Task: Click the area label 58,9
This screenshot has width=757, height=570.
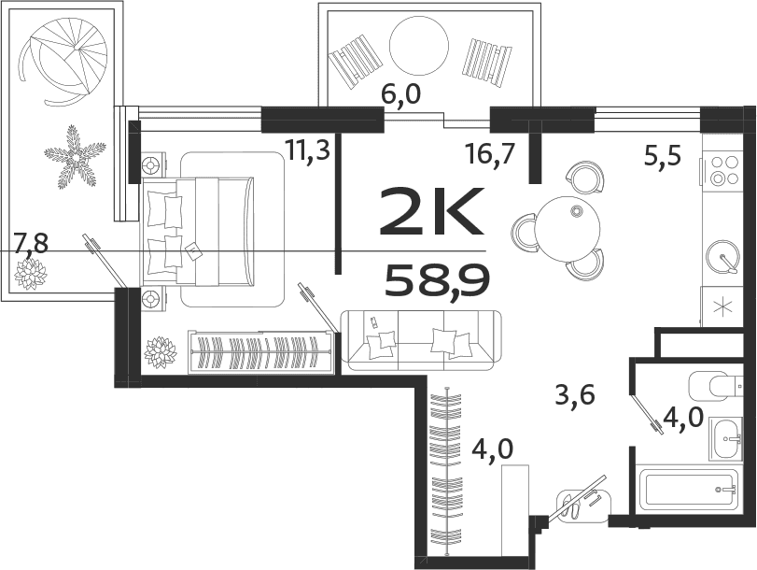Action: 436,279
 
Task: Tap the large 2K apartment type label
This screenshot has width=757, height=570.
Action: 432,212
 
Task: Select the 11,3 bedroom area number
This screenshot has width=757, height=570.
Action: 308,150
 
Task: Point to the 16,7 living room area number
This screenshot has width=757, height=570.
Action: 490,152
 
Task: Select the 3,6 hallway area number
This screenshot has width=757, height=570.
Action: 575,396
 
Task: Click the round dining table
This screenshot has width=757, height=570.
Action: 567,228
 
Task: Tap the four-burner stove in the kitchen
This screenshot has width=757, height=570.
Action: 722,172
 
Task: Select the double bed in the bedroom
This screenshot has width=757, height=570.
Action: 215,230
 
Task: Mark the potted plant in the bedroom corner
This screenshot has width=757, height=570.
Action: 161,352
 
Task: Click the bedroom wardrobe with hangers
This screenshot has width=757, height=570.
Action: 261,352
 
